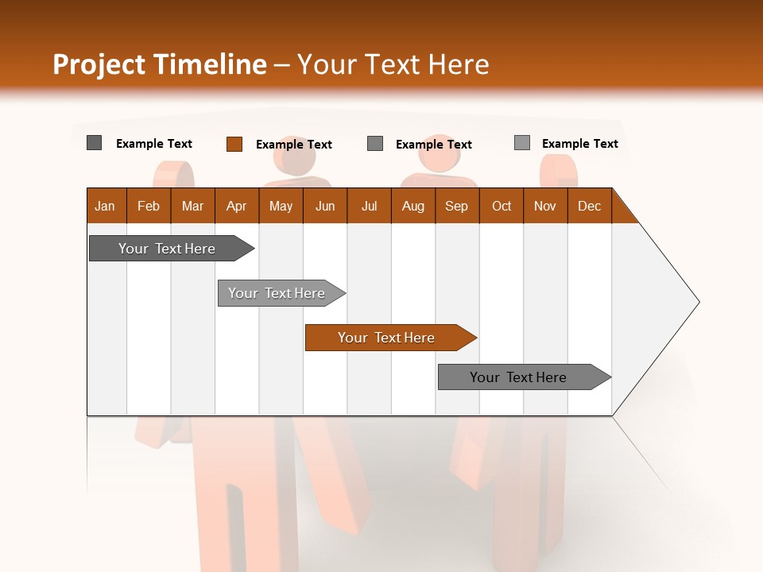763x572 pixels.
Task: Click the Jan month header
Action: pyautogui.click(x=106, y=206)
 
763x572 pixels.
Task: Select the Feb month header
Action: pyautogui.click(x=149, y=206)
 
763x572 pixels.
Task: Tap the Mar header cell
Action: pyautogui.click(x=192, y=206)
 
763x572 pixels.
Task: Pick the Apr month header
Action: pyautogui.click(x=237, y=206)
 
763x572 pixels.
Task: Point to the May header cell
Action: pyautogui.click(x=281, y=206)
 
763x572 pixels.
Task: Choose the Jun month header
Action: pyautogui.click(x=325, y=206)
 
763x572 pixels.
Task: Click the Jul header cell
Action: pyautogui.click(x=369, y=206)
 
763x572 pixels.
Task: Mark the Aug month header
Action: pyautogui.click(x=413, y=206)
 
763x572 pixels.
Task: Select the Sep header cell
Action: pyautogui.click(x=457, y=206)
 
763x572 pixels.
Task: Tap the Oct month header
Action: pyautogui.click(x=502, y=206)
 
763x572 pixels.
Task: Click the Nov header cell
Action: pyautogui.click(x=545, y=206)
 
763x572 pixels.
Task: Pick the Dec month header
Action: pyautogui.click(x=590, y=206)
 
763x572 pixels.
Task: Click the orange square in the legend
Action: pyautogui.click(x=234, y=144)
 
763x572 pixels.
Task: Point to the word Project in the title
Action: pyautogui.click(x=99, y=64)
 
